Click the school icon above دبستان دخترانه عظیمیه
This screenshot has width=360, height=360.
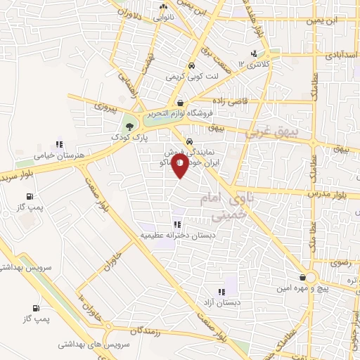click(176, 224)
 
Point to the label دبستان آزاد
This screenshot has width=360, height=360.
click(221, 302)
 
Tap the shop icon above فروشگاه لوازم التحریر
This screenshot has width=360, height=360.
click(181, 102)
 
